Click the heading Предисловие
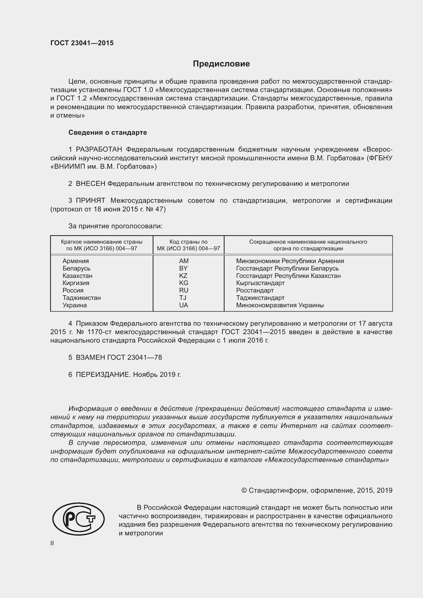pos(221,64)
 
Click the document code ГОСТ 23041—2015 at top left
pos(82,43)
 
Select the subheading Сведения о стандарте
pos(108,133)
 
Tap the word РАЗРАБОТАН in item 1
pos(99,150)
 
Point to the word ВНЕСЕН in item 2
pos(90,184)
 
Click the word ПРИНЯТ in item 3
pos(90,200)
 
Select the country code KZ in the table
pos(183,276)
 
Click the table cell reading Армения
pos(75,261)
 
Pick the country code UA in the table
pos(183,305)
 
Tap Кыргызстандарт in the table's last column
pos(260,283)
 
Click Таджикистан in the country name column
pos(82,298)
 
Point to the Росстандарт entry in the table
pos(255,290)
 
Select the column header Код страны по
pos(188,242)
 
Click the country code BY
pos(183,268)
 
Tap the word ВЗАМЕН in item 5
pos(90,357)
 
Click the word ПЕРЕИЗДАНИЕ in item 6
pos(102,375)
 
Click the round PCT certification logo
pos(79,519)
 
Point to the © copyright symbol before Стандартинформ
pos(244,490)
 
